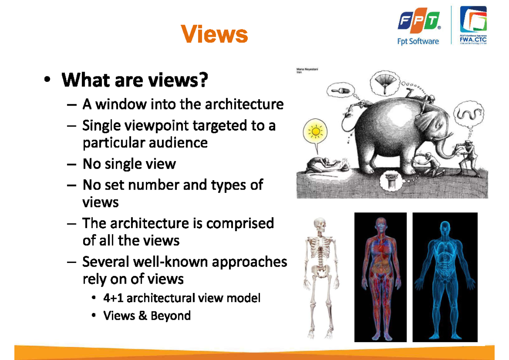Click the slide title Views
tap(214, 33)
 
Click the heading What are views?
tap(135, 80)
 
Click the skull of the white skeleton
tap(320, 224)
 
